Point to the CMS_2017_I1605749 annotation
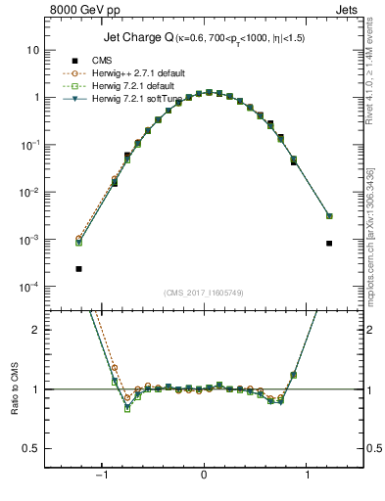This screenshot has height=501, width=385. click(x=204, y=293)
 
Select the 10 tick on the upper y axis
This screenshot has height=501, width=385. click(x=32, y=50)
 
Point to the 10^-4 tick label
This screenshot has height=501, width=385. click(x=29, y=287)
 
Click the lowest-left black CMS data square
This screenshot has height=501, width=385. click(x=78, y=268)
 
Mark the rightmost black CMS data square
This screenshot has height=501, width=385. click(x=329, y=243)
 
